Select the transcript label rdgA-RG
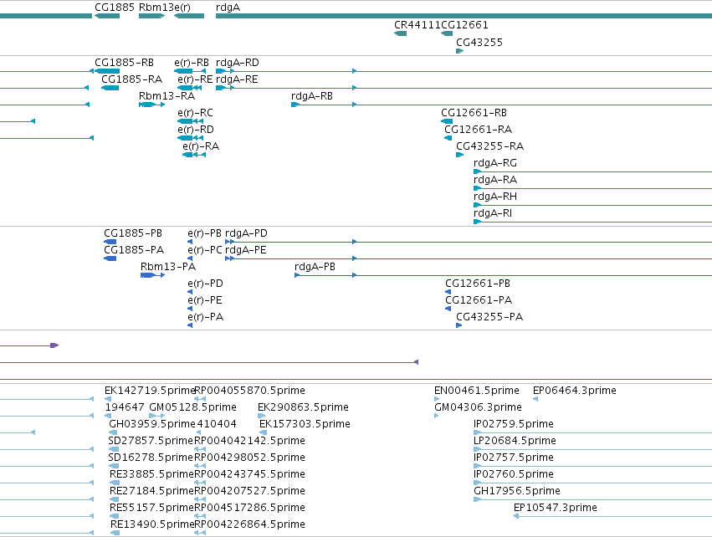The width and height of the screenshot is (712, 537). pyautogui.click(x=495, y=163)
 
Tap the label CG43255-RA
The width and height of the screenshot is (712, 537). pyautogui.click(x=489, y=146)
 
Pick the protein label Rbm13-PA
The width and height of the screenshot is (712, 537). pyautogui.click(x=168, y=267)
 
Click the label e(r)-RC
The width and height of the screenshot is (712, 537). pyautogui.click(x=195, y=113)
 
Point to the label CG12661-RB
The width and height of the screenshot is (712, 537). pyautogui.click(x=474, y=113)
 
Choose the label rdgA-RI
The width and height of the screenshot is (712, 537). pyautogui.click(x=493, y=213)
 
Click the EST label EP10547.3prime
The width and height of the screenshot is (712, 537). pyautogui.click(x=556, y=508)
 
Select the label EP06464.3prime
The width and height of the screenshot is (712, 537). pyautogui.click(x=575, y=391)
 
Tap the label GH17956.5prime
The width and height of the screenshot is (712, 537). pyautogui.click(x=517, y=491)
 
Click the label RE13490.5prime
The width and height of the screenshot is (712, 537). pyautogui.click(x=152, y=524)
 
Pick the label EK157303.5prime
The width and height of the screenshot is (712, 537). pyautogui.click(x=305, y=424)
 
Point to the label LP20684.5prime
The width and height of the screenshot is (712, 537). pyautogui.click(x=515, y=441)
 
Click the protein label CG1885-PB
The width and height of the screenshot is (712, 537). pyautogui.click(x=132, y=233)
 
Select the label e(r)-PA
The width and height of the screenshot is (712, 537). pyautogui.click(x=205, y=317)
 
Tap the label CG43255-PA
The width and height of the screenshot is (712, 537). pyautogui.click(x=489, y=317)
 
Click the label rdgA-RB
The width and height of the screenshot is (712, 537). pyautogui.click(x=312, y=96)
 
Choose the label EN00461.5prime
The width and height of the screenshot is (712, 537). pyautogui.click(x=476, y=391)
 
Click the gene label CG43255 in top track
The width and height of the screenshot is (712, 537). pyautogui.click(x=479, y=43)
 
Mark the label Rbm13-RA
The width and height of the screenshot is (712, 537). pyautogui.click(x=166, y=96)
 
